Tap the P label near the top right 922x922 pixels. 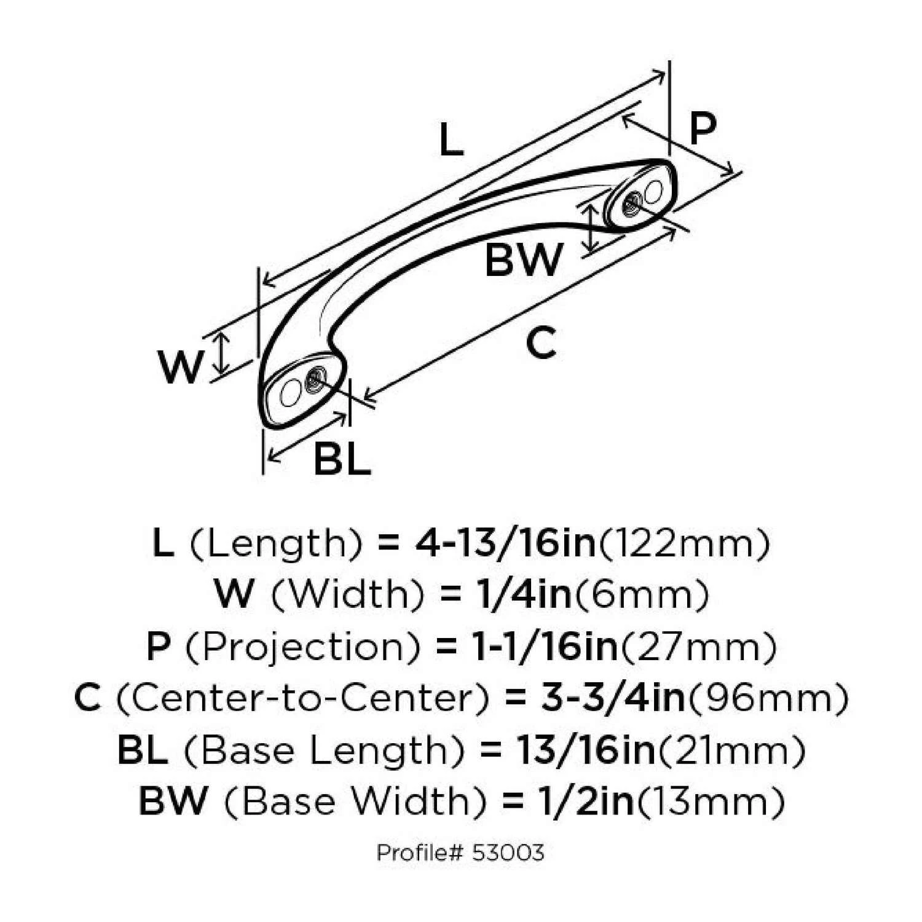pyautogui.click(x=703, y=129)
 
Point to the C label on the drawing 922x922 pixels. pyautogui.click(x=541, y=343)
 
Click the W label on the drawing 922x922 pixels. pyautogui.click(x=179, y=367)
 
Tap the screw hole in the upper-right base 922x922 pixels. pyautogui.click(x=632, y=202)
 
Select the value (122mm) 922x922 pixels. pyautogui.click(x=683, y=543)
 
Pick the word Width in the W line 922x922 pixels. pyautogui.click(x=348, y=594)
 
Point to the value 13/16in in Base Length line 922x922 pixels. pyautogui.click(x=581, y=750)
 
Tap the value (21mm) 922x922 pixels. pyautogui.click(x=731, y=750)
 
